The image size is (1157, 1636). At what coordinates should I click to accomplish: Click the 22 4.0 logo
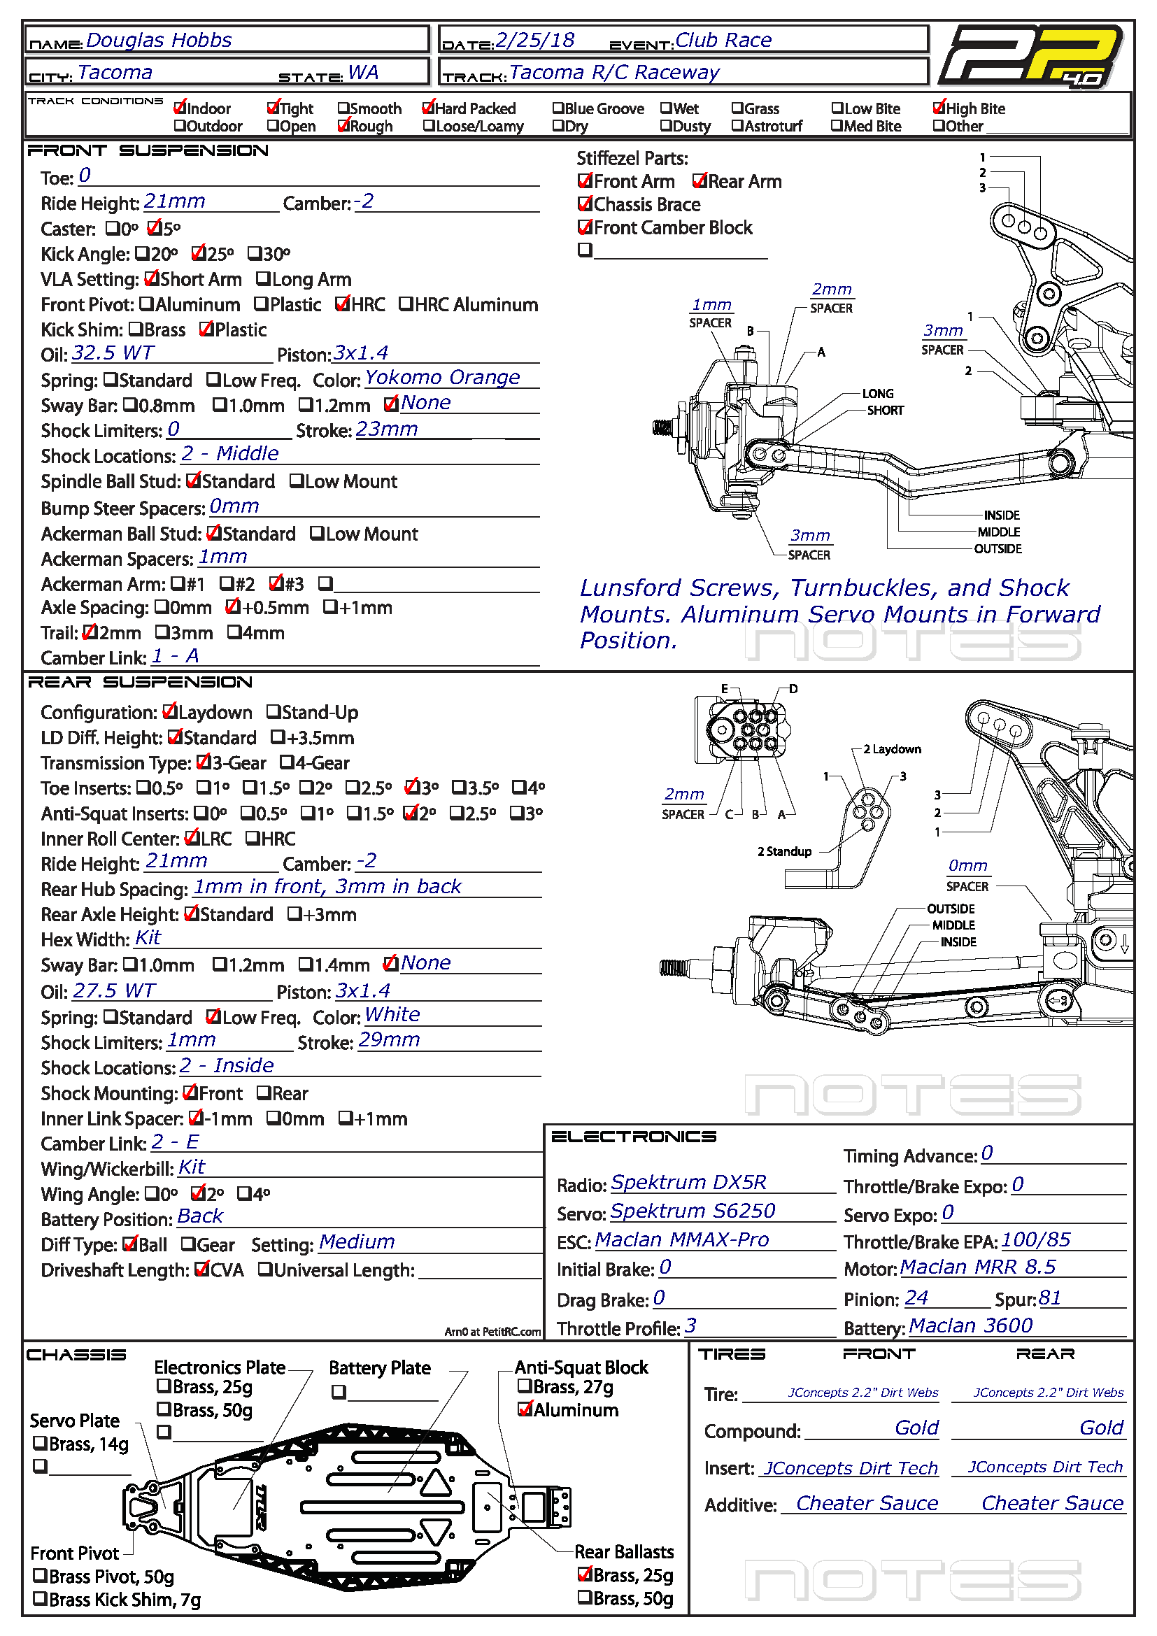1031,55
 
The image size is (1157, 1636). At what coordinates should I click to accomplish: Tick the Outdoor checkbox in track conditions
180,126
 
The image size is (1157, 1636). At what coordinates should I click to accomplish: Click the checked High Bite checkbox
939,108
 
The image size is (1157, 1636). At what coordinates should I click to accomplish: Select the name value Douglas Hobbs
159,40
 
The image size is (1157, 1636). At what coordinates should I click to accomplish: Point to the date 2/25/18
535,40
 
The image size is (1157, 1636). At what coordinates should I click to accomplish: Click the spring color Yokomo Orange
442,377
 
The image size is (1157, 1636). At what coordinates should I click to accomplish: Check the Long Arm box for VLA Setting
263,278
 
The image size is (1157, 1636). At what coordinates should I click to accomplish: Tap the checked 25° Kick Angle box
198,253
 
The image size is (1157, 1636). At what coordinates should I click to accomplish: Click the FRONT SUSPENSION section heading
148,150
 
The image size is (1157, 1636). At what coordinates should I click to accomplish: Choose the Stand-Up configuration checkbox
273,712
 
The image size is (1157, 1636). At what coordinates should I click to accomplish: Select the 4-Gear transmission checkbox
285,762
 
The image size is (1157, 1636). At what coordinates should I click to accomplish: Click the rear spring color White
392,1014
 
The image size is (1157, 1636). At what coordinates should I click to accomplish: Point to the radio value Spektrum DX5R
688,1182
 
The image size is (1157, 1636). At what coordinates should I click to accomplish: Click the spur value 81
1049,1297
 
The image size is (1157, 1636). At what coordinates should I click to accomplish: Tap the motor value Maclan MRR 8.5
977,1267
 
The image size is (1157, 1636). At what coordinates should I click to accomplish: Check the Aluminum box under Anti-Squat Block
525,1409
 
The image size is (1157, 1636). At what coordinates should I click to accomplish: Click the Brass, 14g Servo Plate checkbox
40,1444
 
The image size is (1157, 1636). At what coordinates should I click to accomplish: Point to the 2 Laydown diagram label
891,749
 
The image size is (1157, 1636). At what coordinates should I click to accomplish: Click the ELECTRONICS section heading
633,1137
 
